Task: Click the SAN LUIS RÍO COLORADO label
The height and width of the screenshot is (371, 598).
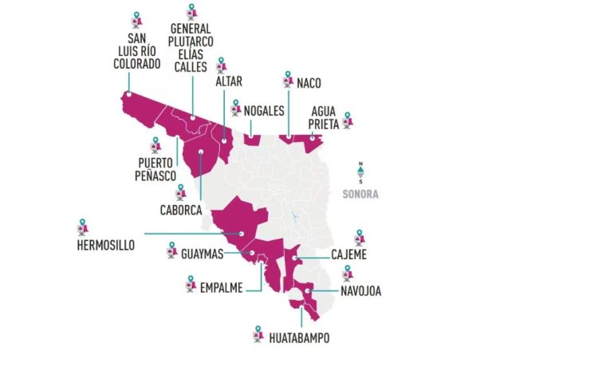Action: [x=138, y=52]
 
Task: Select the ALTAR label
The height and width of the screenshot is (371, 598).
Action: [x=229, y=81]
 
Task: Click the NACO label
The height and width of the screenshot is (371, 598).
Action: [x=310, y=81]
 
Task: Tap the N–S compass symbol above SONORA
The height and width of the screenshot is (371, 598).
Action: [x=360, y=173]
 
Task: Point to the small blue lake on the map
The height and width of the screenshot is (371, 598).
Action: [x=294, y=216]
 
